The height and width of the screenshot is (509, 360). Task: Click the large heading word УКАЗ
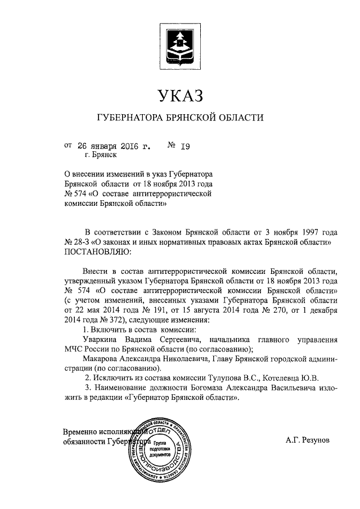179,96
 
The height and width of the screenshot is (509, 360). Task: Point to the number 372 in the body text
111,319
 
